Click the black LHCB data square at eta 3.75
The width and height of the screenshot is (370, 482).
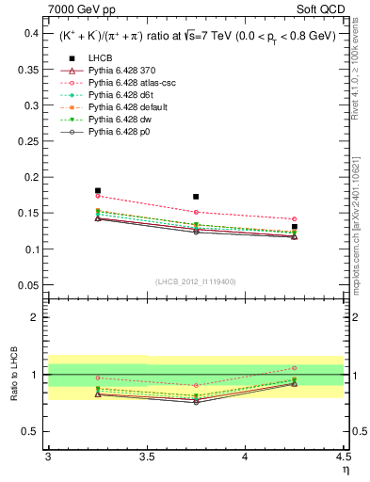tap(196, 197)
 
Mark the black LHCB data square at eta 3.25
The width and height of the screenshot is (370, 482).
tap(98, 191)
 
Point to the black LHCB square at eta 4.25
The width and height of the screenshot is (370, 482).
tap(295, 227)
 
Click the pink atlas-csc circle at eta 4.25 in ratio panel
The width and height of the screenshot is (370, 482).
tap(295, 368)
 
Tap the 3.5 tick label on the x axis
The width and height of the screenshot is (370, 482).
tap(147, 456)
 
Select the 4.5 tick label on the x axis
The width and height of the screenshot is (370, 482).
tap(343, 456)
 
